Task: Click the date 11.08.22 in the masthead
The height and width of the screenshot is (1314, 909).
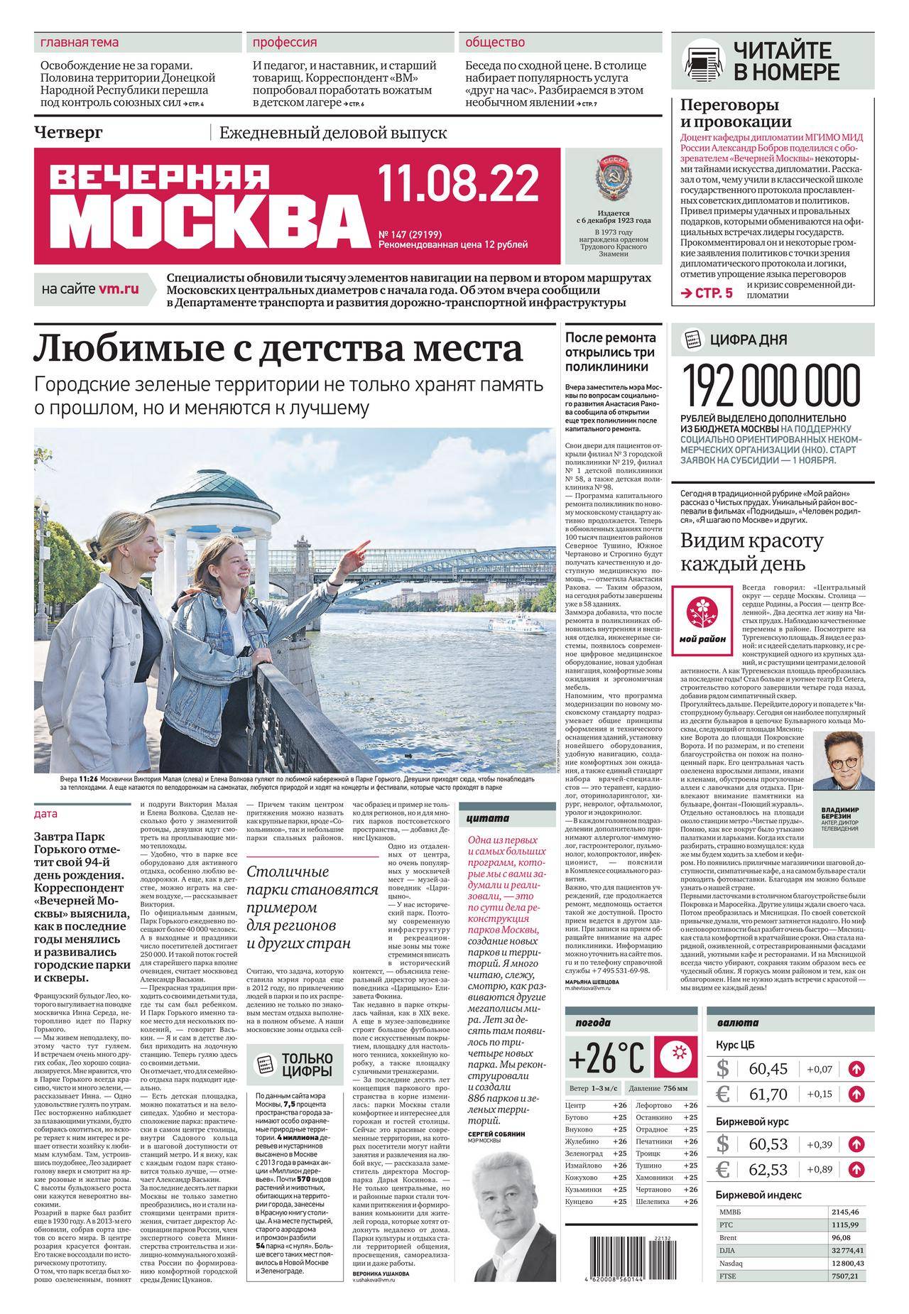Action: click(458, 184)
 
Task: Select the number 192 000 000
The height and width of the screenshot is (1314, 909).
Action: click(770, 387)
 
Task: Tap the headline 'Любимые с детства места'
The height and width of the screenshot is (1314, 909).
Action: click(279, 349)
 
